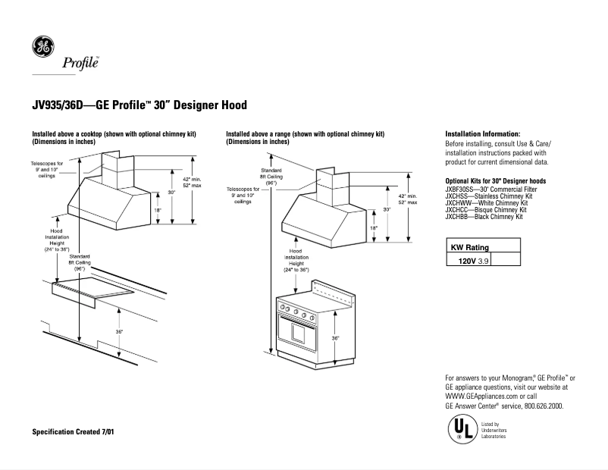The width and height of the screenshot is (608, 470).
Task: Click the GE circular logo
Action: [x=42, y=47]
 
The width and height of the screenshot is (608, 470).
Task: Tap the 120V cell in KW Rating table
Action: [x=469, y=259]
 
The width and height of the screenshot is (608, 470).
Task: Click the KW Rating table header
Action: [x=470, y=247]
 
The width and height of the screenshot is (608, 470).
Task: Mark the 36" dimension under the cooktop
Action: [x=119, y=332]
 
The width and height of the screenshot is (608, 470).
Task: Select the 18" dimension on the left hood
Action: [x=158, y=211]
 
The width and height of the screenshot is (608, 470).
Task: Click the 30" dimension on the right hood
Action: [x=386, y=209]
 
